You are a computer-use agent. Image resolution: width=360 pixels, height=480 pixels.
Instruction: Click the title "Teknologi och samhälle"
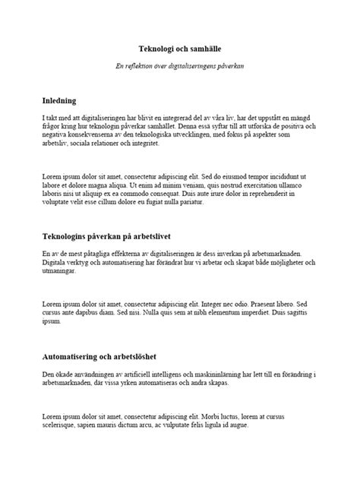pos(180,47)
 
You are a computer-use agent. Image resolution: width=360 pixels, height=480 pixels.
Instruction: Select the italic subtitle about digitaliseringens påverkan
pos(180,66)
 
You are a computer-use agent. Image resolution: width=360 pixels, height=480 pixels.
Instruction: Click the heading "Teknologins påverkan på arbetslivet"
pos(115,236)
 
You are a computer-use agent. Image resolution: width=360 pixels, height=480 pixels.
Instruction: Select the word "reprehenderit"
pos(280,194)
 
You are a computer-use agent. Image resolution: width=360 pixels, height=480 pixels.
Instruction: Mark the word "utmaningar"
pos(61,271)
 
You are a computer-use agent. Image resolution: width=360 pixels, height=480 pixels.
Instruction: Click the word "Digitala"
pos(54,263)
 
